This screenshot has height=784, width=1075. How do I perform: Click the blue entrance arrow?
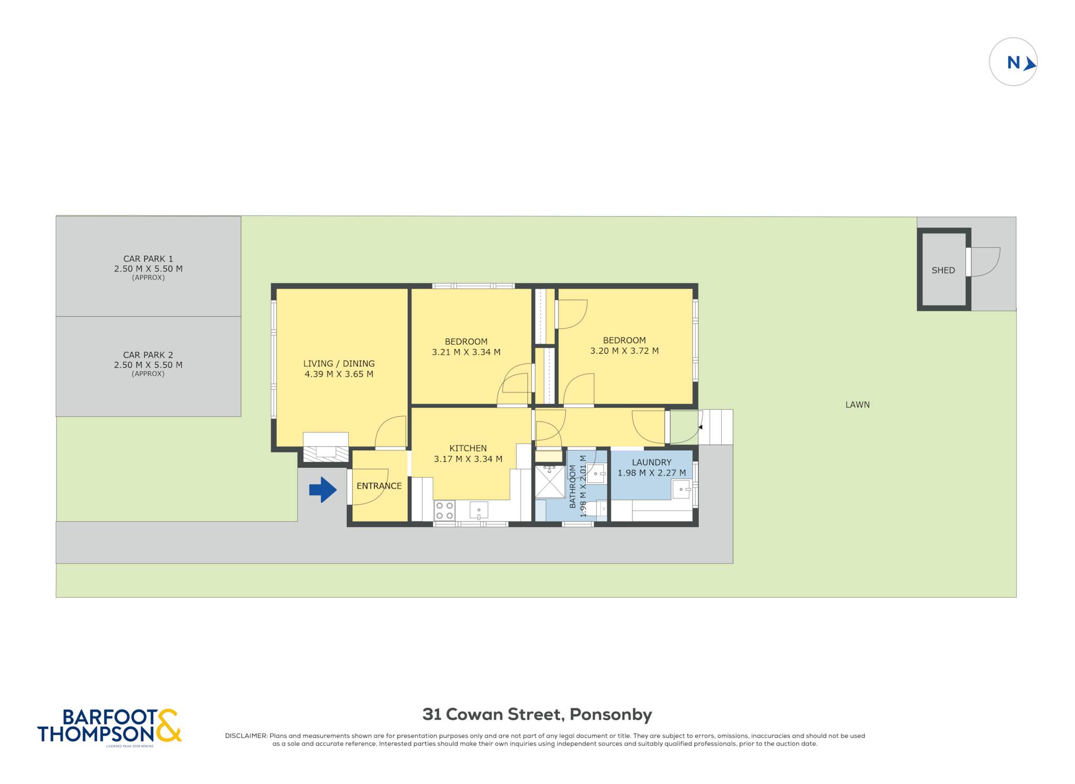coord(323,490)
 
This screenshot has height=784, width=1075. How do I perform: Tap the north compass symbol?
coord(1013,62)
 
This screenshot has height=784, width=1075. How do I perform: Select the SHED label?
coord(943,270)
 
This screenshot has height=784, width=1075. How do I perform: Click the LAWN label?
coord(858,405)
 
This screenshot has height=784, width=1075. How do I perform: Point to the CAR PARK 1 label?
coord(148,259)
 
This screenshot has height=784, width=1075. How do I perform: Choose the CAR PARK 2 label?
coord(148,355)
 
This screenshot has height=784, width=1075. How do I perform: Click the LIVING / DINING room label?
coord(339,363)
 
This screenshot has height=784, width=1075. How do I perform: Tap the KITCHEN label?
coord(468,448)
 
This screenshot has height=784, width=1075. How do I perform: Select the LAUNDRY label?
coord(651,462)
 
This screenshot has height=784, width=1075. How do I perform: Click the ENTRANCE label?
coord(379,486)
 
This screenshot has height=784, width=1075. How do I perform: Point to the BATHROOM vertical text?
coord(573,486)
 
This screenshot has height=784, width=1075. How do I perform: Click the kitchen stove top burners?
coord(445,511)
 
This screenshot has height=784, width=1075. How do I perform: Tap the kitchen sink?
coord(479,510)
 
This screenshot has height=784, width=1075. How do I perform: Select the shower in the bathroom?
coord(550,481)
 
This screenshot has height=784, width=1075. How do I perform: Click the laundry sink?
coord(682,489)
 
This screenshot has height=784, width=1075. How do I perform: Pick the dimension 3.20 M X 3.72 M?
coord(625,351)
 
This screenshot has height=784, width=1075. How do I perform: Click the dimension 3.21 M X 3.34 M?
coord(466,352)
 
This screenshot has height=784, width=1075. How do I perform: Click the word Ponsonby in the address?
coord(611,715)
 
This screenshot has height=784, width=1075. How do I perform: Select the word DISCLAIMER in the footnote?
coord(246,736)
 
